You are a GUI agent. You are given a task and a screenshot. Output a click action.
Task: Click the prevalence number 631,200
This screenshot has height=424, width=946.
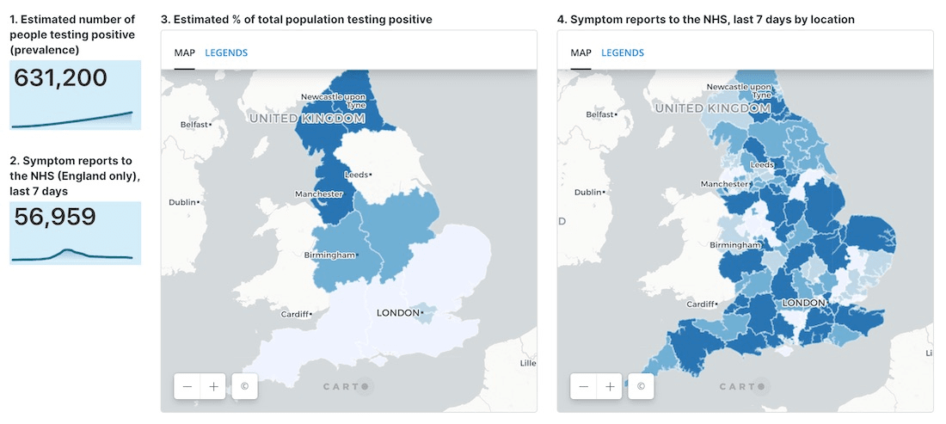pyautogui.click(x=61, y=78)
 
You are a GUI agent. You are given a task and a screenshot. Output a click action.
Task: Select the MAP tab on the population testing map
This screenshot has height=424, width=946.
pyautogui.click(x=184, y=53)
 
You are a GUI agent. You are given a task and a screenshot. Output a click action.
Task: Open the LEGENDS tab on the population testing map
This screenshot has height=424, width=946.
pyautogui.click(x=226, y=53)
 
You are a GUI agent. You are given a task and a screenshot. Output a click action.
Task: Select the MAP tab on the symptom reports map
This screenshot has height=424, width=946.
pyautogui.click(x=580, y=53)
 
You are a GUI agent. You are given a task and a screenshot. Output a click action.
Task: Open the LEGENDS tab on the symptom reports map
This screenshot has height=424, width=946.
pyautogui.click(x=623, y=53)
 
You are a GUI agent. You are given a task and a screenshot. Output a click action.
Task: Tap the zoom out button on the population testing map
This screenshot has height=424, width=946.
pyautogui.click(x=187, y=386)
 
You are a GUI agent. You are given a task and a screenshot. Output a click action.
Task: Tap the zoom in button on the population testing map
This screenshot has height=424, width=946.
pyautogui.click(x=213, y=386)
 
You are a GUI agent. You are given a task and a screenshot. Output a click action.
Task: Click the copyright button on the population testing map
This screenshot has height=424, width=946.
pyautogui.click(x=244, y=386)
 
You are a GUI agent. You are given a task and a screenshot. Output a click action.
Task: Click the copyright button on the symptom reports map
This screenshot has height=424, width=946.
pyautogui.click(x=641, y=386)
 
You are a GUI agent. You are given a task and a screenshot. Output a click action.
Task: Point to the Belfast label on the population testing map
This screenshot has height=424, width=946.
pyautogui.click(x=194, y=125)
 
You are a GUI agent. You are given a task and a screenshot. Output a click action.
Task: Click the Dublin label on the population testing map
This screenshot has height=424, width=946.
pyautogui.click(x=183, y=202)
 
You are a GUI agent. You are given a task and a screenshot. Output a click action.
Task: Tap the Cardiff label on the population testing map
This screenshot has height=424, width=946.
pyautogui.click(x=296, y=314)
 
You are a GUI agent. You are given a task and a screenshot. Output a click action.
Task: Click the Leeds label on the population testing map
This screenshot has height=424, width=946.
pyautogui.click(x=355, y=175)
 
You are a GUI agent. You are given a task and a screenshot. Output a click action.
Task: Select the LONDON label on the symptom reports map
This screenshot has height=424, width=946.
pyautogui.click(x=803, y=303)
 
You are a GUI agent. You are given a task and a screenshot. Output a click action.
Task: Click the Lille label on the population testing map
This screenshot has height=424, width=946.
pyautogui.click(x=527, y=363)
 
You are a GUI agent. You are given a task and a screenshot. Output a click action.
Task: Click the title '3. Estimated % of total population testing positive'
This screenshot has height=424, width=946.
pyautogui.click(x=297, y=19)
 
